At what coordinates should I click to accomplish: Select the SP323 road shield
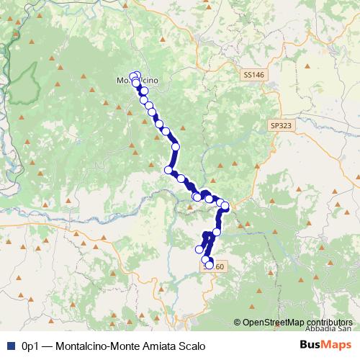tap(281, 125)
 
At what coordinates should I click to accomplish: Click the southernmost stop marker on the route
tap(209, 265)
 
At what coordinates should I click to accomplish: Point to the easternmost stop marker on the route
tap(225, 207)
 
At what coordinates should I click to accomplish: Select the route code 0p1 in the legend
tap(29, 345)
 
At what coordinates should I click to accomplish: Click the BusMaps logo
tap(325, 344)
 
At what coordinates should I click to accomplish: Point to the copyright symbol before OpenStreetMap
tap(238, 323)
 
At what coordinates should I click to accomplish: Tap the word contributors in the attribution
tap(330, 323)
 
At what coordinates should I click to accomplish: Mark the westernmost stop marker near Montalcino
tap(132, 76)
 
